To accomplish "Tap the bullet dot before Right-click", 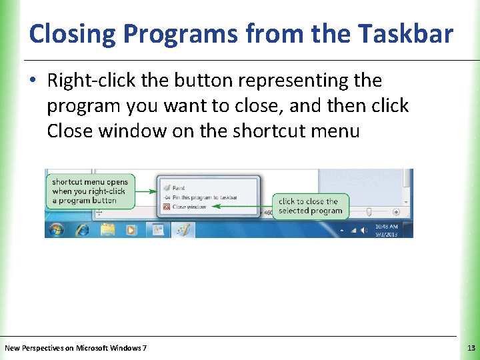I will tap(34, 81).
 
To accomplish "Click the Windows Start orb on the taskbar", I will tap(55, 229).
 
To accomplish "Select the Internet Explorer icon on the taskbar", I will tap(82, 229).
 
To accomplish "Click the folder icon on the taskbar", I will tap(108, 229).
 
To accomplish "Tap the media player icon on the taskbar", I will tap(131, 229).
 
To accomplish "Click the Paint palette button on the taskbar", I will tap(182, 229).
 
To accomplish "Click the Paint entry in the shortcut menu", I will tap(178, 188).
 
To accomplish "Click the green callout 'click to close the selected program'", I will tap(310, 206).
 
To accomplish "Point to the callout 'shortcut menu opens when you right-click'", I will tap(89, 191).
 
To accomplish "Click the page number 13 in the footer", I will tap(471, 348).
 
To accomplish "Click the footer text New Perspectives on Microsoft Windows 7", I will tap(76, 348).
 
